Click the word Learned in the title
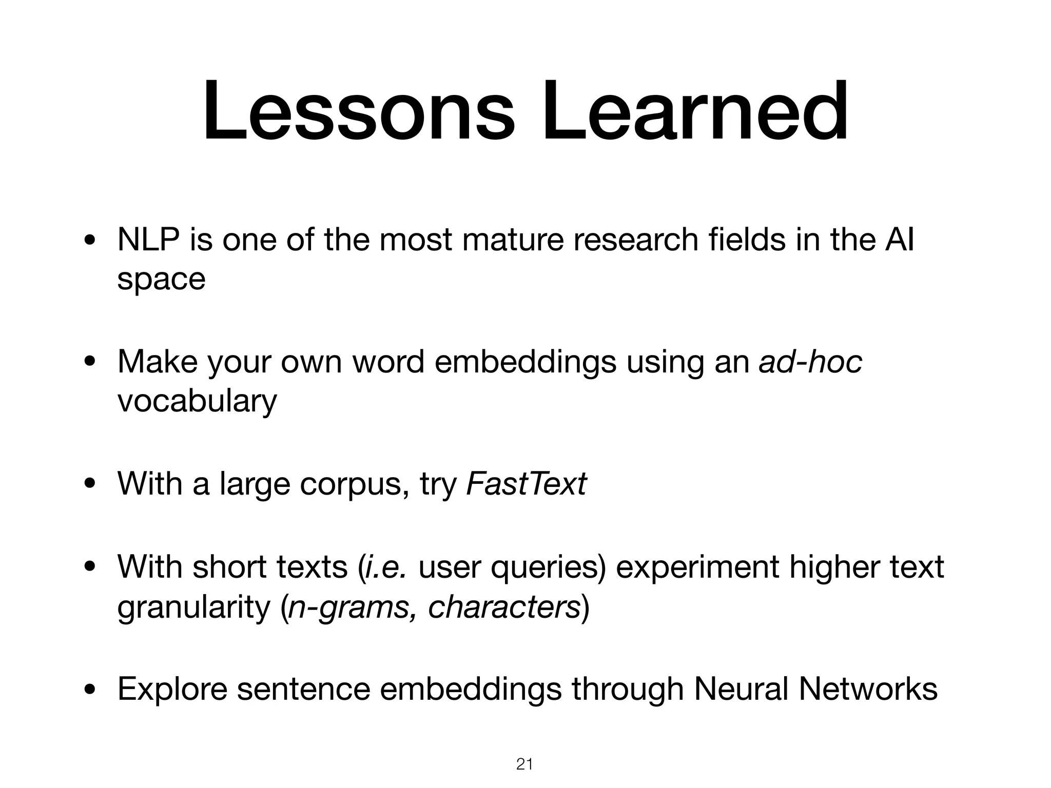click(695, 112)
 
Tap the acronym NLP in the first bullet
click(148, 240)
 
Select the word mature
click(513, 240)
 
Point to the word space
click(161, 280)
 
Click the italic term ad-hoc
click(810, 362)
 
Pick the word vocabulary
click(197, 401)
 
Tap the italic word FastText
click(526, 483)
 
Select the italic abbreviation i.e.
click(385, 567)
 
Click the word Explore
click(172, 689)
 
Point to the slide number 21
click(524, 764)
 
